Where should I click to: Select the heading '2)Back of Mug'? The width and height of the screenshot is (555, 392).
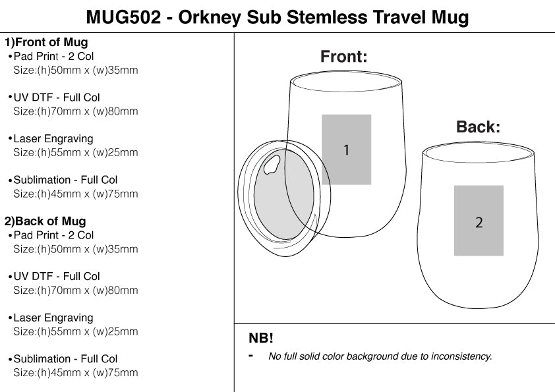45,221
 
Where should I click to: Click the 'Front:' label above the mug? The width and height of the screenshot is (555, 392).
343,57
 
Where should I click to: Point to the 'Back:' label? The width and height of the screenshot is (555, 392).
478,127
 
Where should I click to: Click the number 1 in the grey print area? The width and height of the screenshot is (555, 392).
346,150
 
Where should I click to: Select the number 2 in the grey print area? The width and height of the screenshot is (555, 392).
479,222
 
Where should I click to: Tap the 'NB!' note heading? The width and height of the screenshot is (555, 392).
260,339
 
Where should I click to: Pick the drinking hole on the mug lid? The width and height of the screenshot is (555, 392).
271,165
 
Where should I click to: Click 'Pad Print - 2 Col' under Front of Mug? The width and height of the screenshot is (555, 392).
53,57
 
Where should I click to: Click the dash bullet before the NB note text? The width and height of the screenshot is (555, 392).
251,356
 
